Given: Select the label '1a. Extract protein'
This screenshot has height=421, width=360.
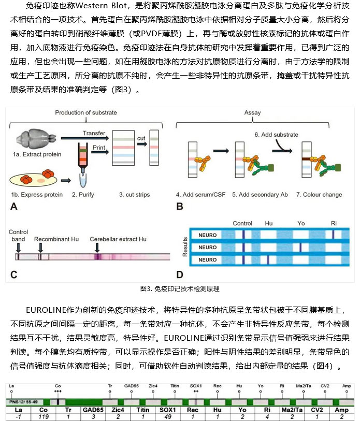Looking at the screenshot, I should pyautogui.click(x=37, y=154).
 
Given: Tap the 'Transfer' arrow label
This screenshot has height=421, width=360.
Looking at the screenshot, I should pyautogui.click(x=93, y=132).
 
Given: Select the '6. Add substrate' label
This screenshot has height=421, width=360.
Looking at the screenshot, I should pyautogui.click(x=276, y=135).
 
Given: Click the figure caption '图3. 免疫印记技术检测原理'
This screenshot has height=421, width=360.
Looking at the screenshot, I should pyautogui.click(x=180, y=288).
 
